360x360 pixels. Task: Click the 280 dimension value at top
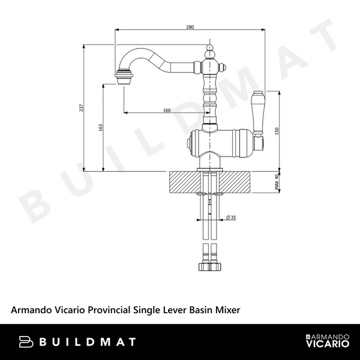click(190, 27)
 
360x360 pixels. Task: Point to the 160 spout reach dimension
click(167, 110)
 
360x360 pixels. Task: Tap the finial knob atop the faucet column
click(209, 47)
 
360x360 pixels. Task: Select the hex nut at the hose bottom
click(209, 266)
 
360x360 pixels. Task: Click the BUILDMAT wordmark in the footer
click(88, 342)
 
